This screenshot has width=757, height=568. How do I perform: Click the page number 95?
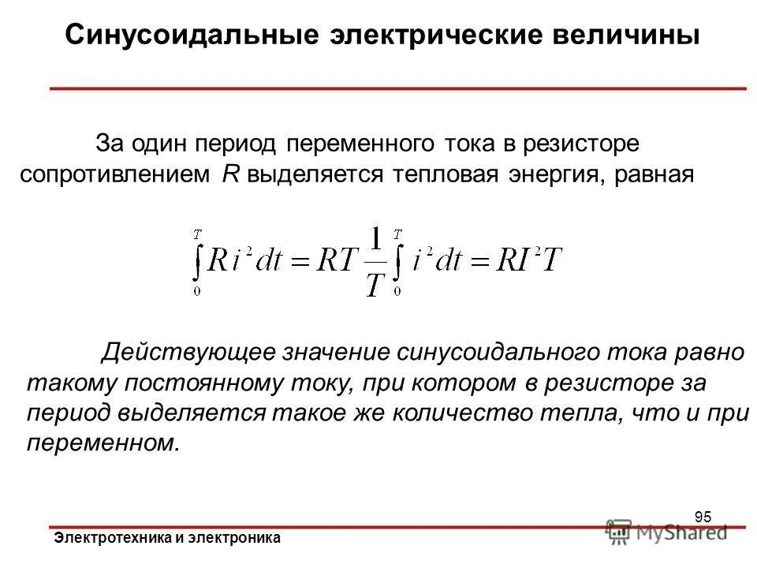click(x=703, y=518)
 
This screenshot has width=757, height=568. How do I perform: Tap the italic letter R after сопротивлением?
click(x=230, y=174)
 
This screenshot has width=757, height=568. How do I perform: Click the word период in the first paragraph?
click(x=241, y=144)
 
